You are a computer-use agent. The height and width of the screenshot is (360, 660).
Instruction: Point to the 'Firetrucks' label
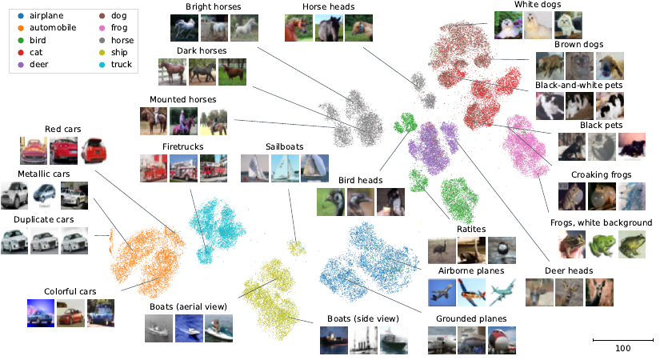(x=184, y=146)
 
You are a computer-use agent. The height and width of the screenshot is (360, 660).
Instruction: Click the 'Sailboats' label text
(x=284, y=146)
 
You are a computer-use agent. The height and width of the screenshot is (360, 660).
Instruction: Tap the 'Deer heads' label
(x=568, y=270)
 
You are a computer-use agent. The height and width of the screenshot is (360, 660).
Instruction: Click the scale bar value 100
(x=622, y=348)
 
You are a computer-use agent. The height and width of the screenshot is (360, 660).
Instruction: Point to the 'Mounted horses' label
(x=182, y=99)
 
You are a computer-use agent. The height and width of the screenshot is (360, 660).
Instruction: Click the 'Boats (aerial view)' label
(x=189, y=306)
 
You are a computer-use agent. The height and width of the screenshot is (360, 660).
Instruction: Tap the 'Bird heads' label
(x=359, y=180)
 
